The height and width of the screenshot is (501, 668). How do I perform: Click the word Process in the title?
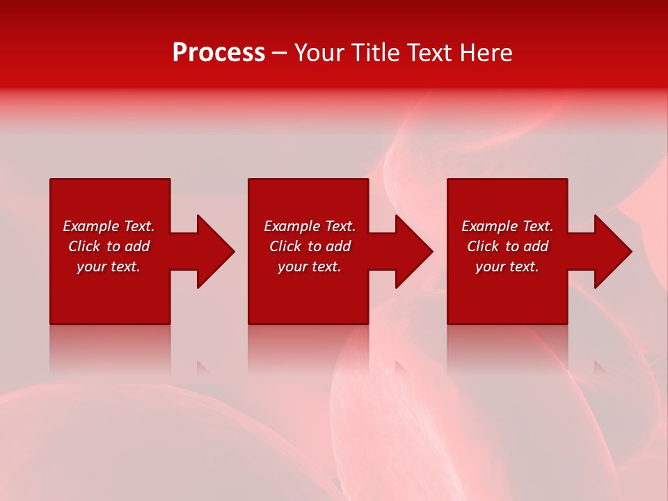(x=218, y=53)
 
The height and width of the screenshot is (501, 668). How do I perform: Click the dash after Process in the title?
(x=280, y=54)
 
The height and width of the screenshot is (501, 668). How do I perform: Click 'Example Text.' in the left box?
(x=109, y=226)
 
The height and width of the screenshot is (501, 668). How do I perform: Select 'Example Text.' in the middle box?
(x=310, y=226)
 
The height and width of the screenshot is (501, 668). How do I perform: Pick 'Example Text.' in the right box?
(x=507, y=226)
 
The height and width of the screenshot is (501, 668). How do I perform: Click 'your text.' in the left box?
(x=109, y=267)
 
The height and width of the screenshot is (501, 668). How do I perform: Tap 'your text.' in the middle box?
(x=310, y=267)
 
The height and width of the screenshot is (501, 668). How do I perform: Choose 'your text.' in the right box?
(x=507, y=267)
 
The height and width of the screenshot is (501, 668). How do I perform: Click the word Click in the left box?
(x=84, y=246)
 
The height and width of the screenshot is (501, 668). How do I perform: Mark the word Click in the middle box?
(x=285, y=246)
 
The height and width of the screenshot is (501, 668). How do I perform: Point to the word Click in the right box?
(x=483, y=246)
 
